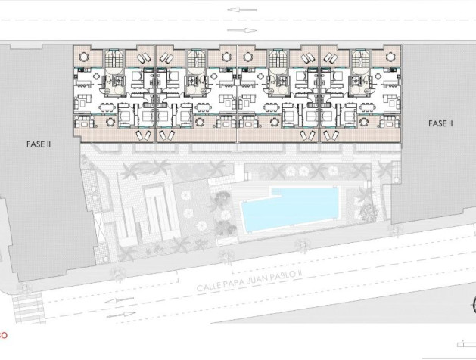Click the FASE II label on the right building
coord(440,123)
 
